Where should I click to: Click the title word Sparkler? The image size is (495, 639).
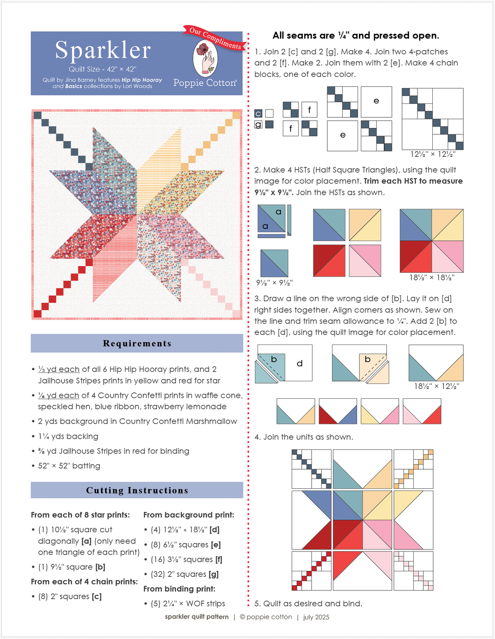pos(103,50)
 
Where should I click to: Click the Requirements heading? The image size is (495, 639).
pos(137,344)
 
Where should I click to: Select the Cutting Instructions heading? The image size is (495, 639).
pos(137,491)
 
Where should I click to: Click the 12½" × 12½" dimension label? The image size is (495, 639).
pos(433,154)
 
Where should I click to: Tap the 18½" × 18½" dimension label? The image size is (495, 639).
pos(432,278)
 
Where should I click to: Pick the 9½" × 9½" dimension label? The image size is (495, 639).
pos(274,282)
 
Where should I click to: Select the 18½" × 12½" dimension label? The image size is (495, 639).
pos(436,386)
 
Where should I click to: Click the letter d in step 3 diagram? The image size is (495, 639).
pos(300,364)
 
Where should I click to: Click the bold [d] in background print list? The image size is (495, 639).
pos(215,530)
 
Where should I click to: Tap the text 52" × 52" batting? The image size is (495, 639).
pos(69,466)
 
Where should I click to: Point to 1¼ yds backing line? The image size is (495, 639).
pos(68,436)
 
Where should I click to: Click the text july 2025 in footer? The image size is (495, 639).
pos(316,617)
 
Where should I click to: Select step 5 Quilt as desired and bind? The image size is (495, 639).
pos(308,604)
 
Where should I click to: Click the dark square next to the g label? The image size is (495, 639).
pos(269,125)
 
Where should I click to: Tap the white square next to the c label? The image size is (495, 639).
pos(269,114)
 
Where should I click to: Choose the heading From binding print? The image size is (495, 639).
pos(179,589)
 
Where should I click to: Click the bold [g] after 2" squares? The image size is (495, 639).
pos(214,574)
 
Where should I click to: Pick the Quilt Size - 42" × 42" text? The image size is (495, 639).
pos(103,70)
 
